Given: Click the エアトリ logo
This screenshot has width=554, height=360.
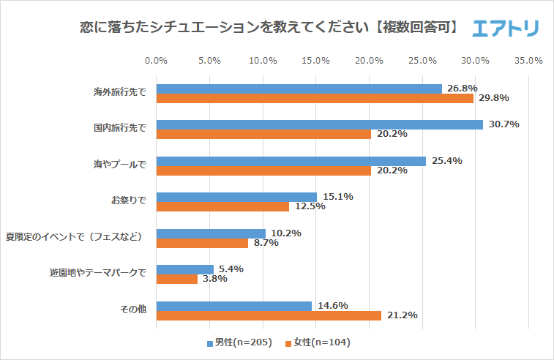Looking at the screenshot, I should coord(506,29).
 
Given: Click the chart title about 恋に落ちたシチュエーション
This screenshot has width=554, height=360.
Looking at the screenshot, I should coord(270,29).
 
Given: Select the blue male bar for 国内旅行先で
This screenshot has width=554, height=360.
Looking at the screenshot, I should coord(319,124).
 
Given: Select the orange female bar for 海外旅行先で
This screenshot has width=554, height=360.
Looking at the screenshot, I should coord(315,98).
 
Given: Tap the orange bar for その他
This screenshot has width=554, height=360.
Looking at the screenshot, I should coord(269,315).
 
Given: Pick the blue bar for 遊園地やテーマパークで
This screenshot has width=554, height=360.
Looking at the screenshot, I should coord(185,269).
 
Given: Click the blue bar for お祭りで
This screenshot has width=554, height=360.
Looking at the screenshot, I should coord(236,197).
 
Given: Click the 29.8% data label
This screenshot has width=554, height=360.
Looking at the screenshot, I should coord(493,98).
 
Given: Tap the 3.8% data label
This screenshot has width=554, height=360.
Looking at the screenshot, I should coord(212,279).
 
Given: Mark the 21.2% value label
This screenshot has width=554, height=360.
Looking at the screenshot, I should coord(402,315).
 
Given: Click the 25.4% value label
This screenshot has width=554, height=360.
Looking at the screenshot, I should coord(446,161).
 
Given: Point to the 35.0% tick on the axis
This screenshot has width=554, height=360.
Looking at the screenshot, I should coord(528,60).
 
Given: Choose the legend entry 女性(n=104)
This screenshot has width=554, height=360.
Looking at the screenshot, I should coord(323,342).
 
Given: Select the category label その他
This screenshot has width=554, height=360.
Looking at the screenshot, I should coord(133,310).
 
